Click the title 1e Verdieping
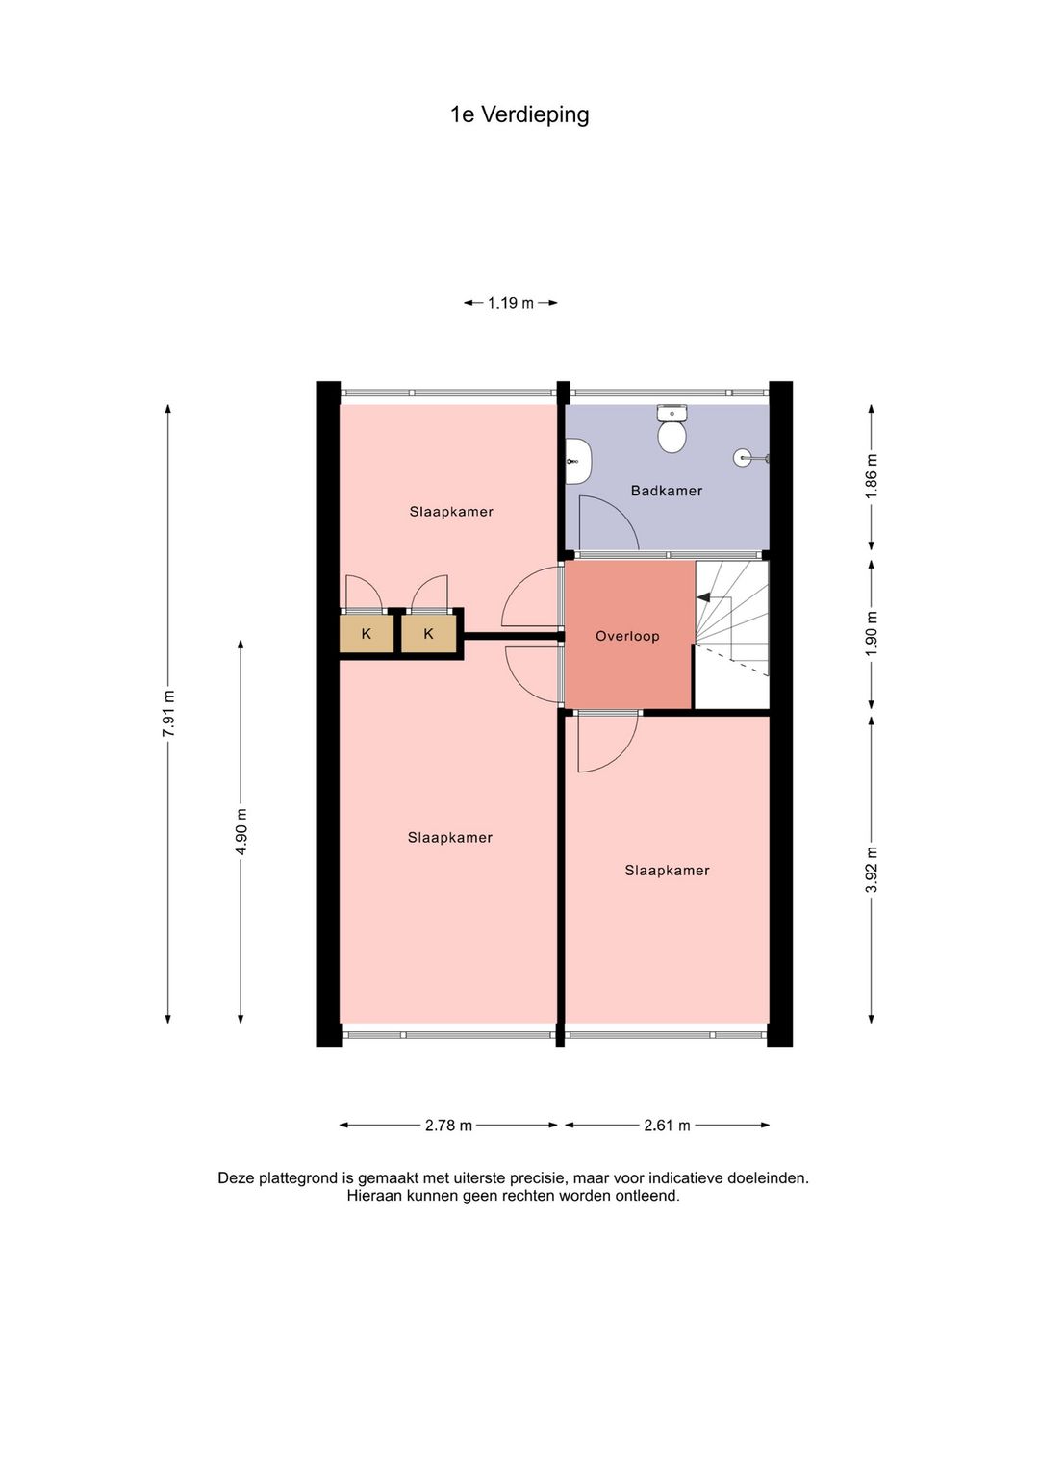pyautogui.click(x=519, y=114)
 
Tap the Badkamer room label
pyautogui.click(x=666, y=491)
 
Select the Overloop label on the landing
pyautogui.click(x=627, y=636)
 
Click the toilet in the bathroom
pyautogui.click(x=672, y=429)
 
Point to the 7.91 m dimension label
pyautogui.click(x=168, y=713)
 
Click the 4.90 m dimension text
pyautogui.click(x=241, y=831)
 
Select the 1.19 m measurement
pyautogui.click(x=511, y=303)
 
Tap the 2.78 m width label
pyautogui.click(x=448, y=1126)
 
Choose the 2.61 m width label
pyautogui.click(x=667, y=1126)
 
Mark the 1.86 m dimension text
pyautogui.click(x=872, y=476)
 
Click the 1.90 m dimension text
pyautogui.click(x=872, y=633)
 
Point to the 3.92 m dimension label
pyautogui.click(x=872, y=869)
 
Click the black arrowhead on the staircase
pyautogui.click(x=703, y=597)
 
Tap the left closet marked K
pyautogui.click(x=366, y=633)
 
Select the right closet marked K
pyautogui.click(x=428, y=633)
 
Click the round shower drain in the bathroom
pyautogui.click(x=743, y=457)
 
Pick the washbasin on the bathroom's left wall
pyautogui.click(x=578, y=461)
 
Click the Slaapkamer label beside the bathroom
pyautogui.click(x=451, y=511)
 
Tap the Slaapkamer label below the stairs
pyautogui.click(x=667, y=871)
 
